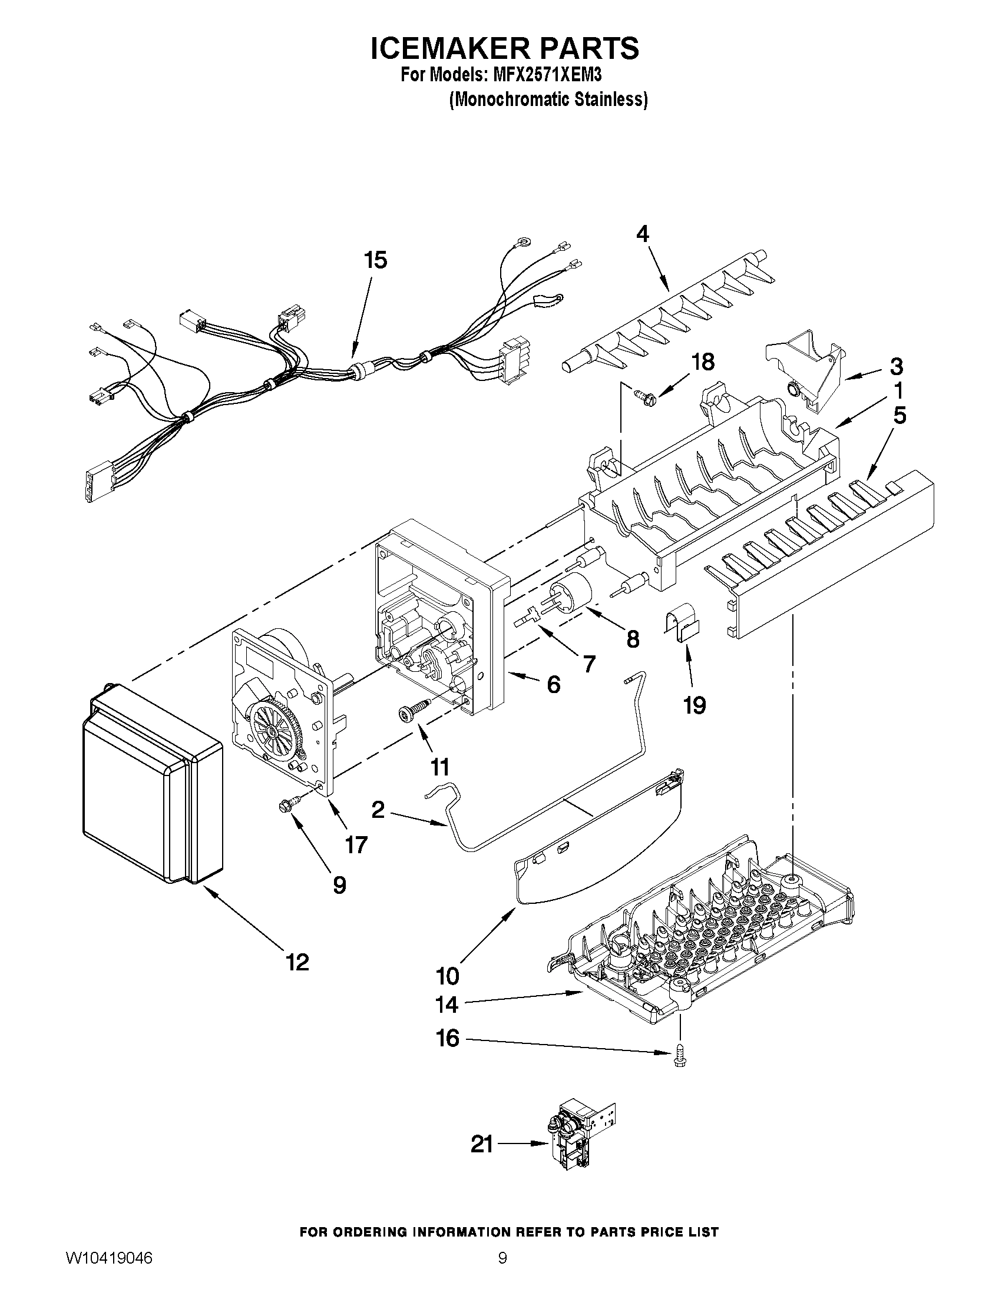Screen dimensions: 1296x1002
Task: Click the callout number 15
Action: click(376, 260)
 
